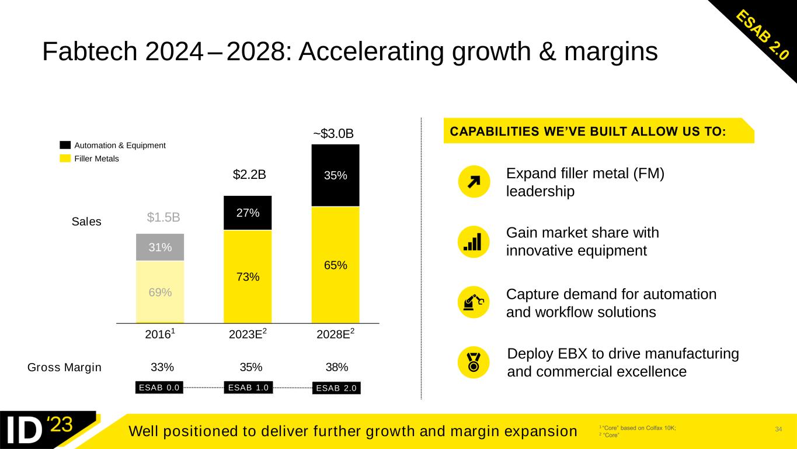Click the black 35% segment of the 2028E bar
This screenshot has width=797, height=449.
pyautogui.click(x=335, y=175)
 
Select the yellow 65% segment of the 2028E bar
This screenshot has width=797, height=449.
pyautogui.click(x=335, y=264)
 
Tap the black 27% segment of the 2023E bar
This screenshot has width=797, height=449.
pyautogui.click(x=248, y=213)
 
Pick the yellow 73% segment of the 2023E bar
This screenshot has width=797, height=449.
pyautogui.click(x=248, y=277)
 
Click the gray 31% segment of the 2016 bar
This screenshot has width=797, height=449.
pyautogui.click(x=159, y=247)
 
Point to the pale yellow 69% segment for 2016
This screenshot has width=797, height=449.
pyautogui.click(x=159, y=292)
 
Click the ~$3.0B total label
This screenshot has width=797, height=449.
pyautogui.click(x=333, y=134)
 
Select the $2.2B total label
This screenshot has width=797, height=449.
pyautogui.click(x=249, y=174)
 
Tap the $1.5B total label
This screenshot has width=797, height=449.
pyautogui.click(x=163, y=217)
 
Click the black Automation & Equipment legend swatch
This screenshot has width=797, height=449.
pyautogui.click(x=65, y=145)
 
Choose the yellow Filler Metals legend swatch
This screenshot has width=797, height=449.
pyautogui.click(x=65, y=158)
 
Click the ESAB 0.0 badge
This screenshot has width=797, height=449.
pyautogui.click(x=159, y=387)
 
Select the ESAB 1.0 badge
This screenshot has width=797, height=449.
pyautogui.click(x=248, y=387)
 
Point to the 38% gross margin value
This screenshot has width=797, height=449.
pyautogui.click(x=336, y=367)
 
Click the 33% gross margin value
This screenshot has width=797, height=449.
pyautogui.click(x=162, y=367)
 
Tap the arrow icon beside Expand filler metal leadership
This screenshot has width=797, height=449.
pyautogui.click(x=474, y=182)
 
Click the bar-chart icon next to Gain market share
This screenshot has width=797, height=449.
pyautogui.click(x=474, y=241)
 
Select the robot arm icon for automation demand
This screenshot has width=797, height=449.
pyautogui.click(x=474, y=302)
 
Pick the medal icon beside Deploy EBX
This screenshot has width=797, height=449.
pyautogui.click(x=474, y=362)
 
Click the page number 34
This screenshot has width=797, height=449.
pyautogui.click(x=778, y=430)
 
